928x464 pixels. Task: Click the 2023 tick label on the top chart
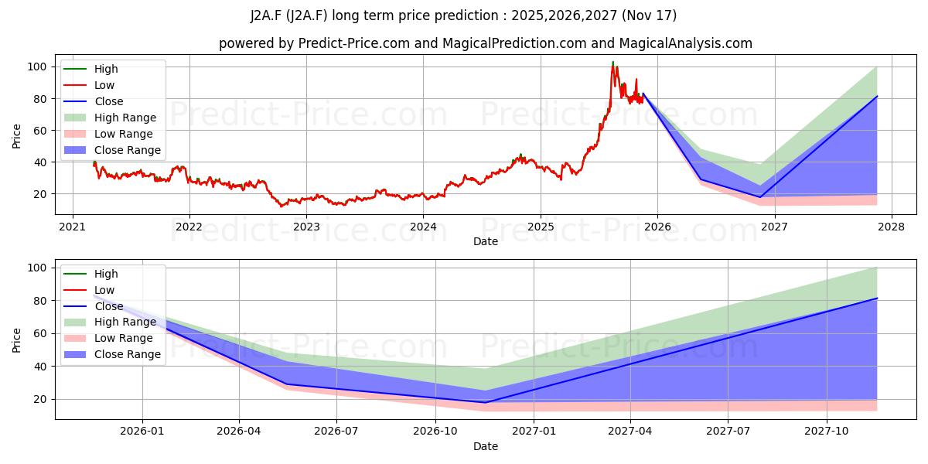click(306, 227)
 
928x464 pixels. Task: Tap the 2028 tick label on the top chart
click(891, 227)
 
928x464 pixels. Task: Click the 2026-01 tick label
click(142, 431)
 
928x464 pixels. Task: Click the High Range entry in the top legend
click(125, 118)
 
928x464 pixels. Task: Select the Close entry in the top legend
click(109, 101)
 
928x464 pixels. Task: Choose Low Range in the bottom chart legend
click(124, 338)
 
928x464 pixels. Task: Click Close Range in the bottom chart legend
click(128, 354)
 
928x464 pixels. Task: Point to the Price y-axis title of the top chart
click(17, 135)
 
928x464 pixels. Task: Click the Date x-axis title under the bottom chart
click(486, 446)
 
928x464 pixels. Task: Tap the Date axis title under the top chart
click(486, 241)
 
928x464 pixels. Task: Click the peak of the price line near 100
click(613, 63)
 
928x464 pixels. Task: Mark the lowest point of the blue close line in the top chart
click(759, 197)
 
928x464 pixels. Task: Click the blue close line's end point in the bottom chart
click(877, 298)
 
